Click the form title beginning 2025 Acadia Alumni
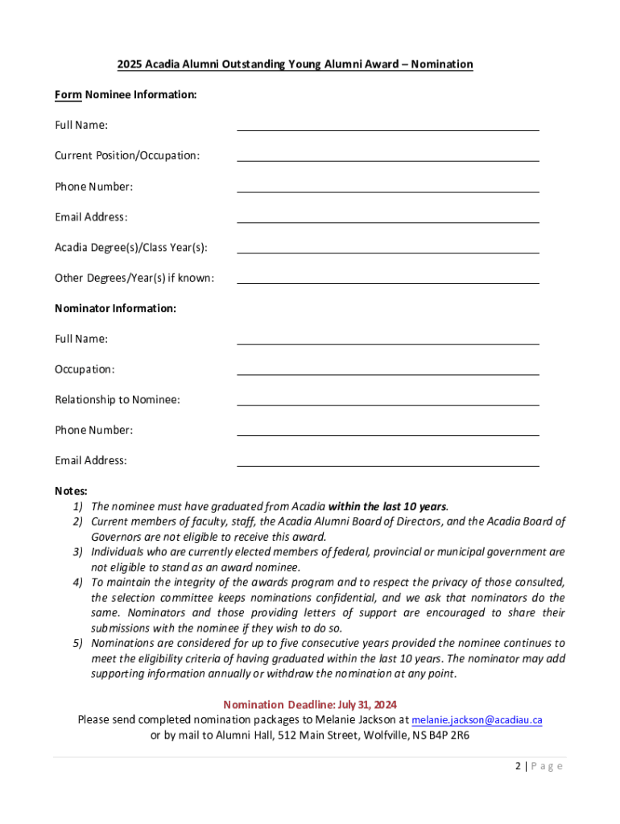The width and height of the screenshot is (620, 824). click(x=295, y=64)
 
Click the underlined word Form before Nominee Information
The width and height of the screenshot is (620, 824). click(x=68, y=95)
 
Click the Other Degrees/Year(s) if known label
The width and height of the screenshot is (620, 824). click(x=134, y=278)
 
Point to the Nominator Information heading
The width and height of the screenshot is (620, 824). click(x=115, y=308)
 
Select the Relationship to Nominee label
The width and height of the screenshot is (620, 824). click(x=118, y=400)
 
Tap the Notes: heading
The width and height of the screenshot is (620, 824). click(x=71, y=491)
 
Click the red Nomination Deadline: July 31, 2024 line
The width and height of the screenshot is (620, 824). click(x=310, y=704)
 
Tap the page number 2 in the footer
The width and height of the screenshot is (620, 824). click(x=519, y=766)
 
